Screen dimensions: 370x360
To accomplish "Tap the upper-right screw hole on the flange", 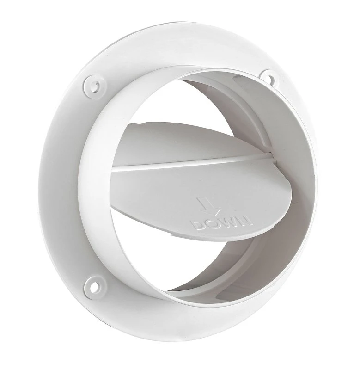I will [x=267, y=75].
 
